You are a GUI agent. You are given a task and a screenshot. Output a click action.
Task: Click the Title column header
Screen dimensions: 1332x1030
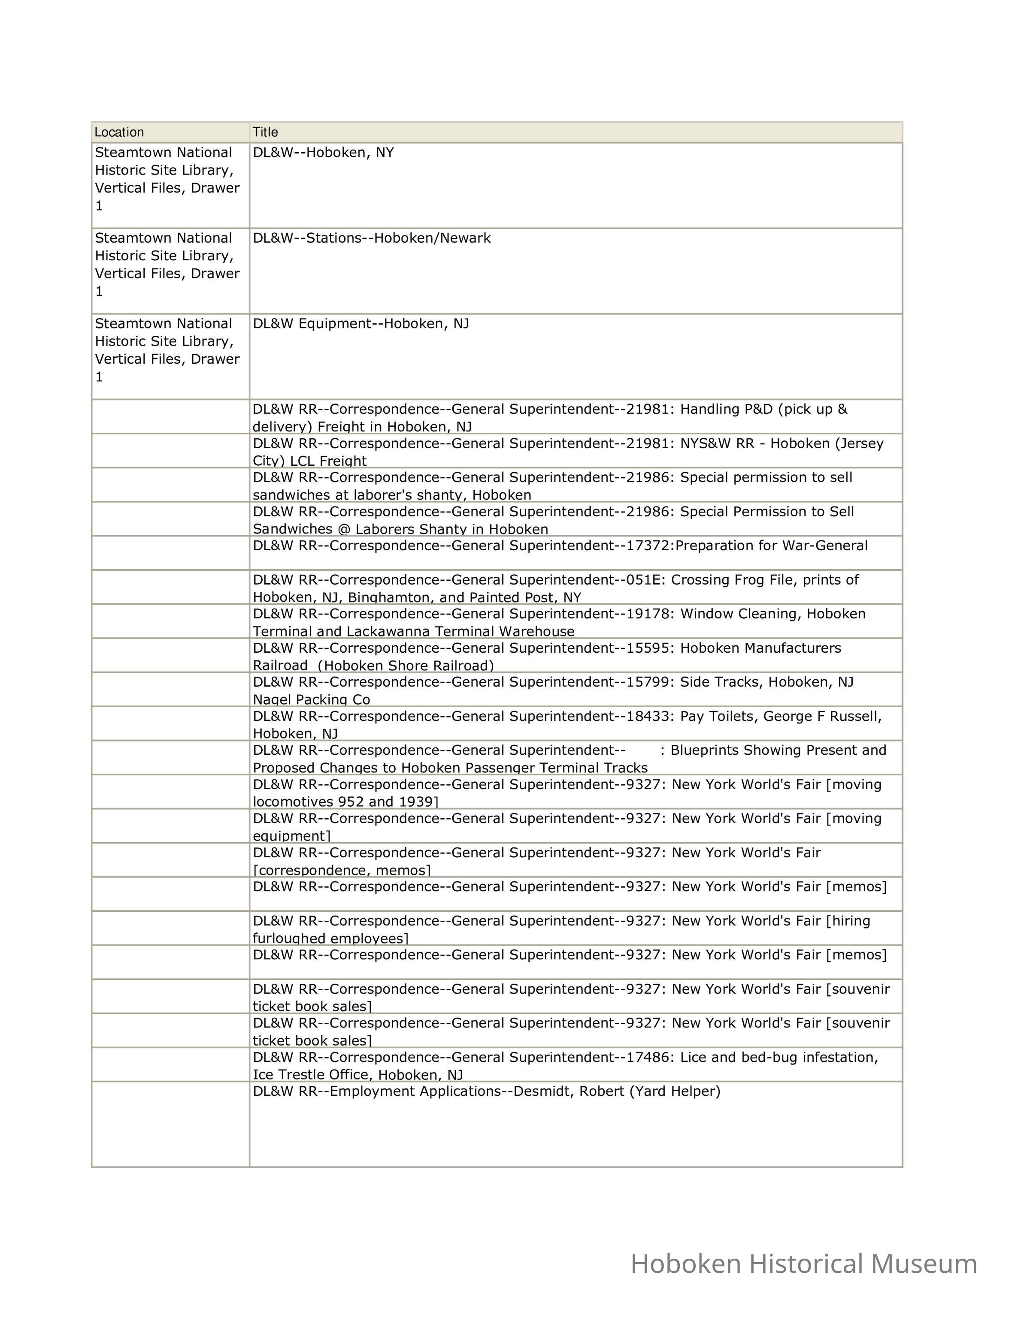click(265, 133)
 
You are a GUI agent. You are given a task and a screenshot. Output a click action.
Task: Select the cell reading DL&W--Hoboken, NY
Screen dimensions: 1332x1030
click(324, 153)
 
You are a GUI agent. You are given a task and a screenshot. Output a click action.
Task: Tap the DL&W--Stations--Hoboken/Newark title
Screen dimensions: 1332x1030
click(372, 238)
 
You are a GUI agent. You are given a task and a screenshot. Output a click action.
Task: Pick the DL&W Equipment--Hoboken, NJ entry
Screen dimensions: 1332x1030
click(361, 323)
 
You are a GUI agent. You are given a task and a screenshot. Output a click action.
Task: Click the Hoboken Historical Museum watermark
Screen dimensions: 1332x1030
click(804, 1264)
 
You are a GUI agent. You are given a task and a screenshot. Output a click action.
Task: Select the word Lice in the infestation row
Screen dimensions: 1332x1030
click(693, 1057)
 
